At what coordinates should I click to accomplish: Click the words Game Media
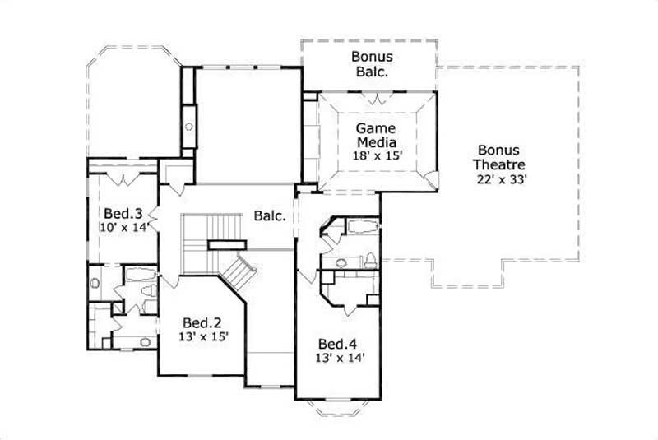[x=376, y=136]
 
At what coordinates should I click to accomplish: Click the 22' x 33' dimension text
[x=499, y=178]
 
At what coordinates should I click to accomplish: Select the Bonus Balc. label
[x=372, y=64]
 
